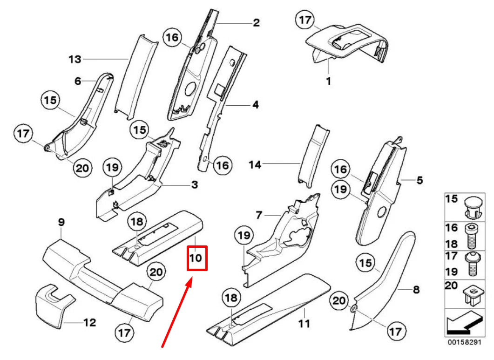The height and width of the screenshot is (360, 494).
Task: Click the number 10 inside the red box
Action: click(196, 257)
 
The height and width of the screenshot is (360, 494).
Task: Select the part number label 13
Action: click(74, 60)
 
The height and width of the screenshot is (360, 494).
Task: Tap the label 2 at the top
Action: click(257, 22)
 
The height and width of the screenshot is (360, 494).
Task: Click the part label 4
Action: click(256, 105)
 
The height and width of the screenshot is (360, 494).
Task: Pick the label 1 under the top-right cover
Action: click(328, 81)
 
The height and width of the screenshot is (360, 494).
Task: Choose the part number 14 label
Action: click(256, 164)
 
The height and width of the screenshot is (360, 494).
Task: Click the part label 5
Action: click(420, 179)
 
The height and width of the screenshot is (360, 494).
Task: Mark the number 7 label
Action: click(259, 215)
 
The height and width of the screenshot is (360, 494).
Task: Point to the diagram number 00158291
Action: click(464, 342)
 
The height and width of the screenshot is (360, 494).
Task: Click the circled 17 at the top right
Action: click(305, 20)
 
